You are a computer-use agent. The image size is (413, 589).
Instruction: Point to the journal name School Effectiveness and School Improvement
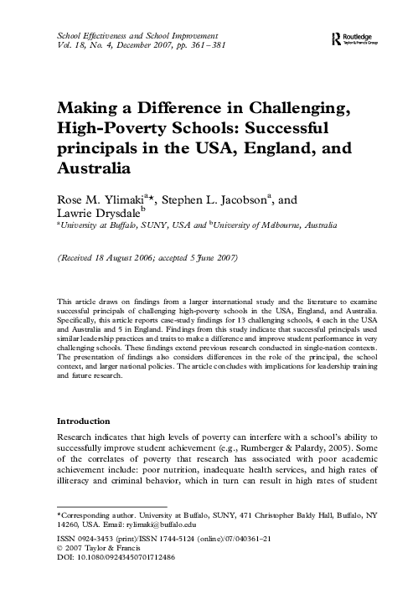[135, 39]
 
